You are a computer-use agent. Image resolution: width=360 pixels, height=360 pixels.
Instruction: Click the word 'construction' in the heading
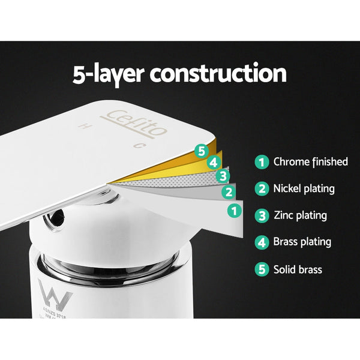[x=218, y=74]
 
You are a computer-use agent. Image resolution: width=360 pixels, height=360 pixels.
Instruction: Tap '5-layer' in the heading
[x=108, y=74]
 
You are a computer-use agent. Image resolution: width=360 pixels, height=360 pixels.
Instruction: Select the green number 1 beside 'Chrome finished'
[x=261, y=162]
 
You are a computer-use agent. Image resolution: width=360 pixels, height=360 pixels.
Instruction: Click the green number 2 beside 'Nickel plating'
[x=261, y=189]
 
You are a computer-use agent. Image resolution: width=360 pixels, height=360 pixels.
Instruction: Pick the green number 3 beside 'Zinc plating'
[x=261, y=215]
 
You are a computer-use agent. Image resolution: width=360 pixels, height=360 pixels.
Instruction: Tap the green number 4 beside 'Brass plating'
[x=261, y=242]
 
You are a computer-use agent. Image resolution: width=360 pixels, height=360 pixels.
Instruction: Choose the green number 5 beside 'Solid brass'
[x=261, y=269]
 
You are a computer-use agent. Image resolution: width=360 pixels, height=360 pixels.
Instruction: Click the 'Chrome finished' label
[x=310, y=162]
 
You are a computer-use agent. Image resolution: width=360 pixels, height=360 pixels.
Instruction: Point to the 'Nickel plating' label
[x=304, y=189]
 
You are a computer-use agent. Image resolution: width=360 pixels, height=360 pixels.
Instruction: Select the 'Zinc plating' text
[x=300, y=215]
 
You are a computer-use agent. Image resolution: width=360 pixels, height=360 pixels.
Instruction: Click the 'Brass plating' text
[x=302, y=242]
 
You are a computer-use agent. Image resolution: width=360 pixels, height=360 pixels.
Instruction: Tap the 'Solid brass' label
[x=298, y=269]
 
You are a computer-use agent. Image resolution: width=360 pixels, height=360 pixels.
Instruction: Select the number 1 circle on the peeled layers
[x=235, y=211]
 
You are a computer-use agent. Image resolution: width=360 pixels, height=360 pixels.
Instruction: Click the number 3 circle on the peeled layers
[x=223, y=176]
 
